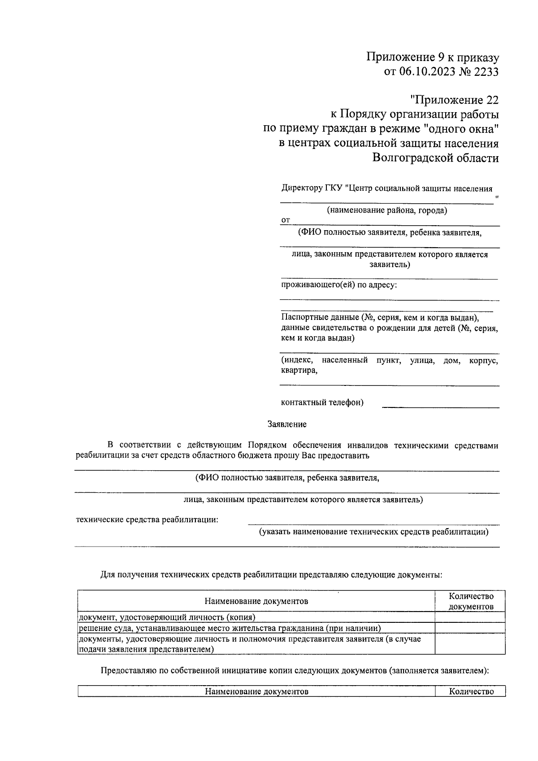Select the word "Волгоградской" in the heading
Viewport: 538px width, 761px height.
417,158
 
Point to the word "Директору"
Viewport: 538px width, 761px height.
301,189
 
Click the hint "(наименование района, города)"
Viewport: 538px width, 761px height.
386,210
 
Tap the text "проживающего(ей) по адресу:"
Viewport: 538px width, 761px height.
339,285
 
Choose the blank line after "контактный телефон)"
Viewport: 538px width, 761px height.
440,405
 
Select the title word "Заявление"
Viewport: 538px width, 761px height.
287,424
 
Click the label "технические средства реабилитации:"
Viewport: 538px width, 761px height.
148,520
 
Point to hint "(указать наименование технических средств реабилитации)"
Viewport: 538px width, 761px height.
373,532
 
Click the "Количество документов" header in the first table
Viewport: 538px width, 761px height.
471,601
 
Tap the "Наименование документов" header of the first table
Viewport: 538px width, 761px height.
256,601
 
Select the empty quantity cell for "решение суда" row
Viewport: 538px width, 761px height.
470,628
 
